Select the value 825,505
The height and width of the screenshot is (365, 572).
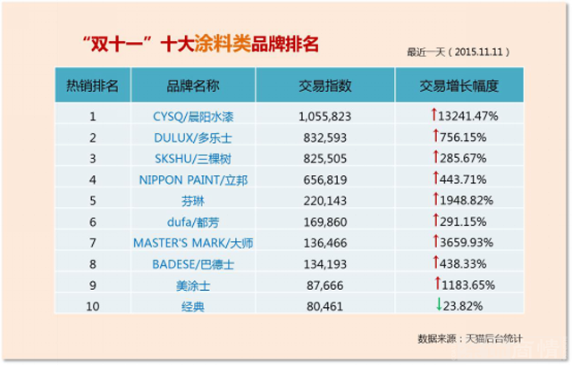tap(325, 158)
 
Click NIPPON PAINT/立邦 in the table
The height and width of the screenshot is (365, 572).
tap(192, 179)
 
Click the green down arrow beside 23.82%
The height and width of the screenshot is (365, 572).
tap(439, 305)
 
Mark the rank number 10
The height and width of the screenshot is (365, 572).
tap(92, 306)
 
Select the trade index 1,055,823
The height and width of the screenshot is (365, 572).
tap(325, 116)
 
